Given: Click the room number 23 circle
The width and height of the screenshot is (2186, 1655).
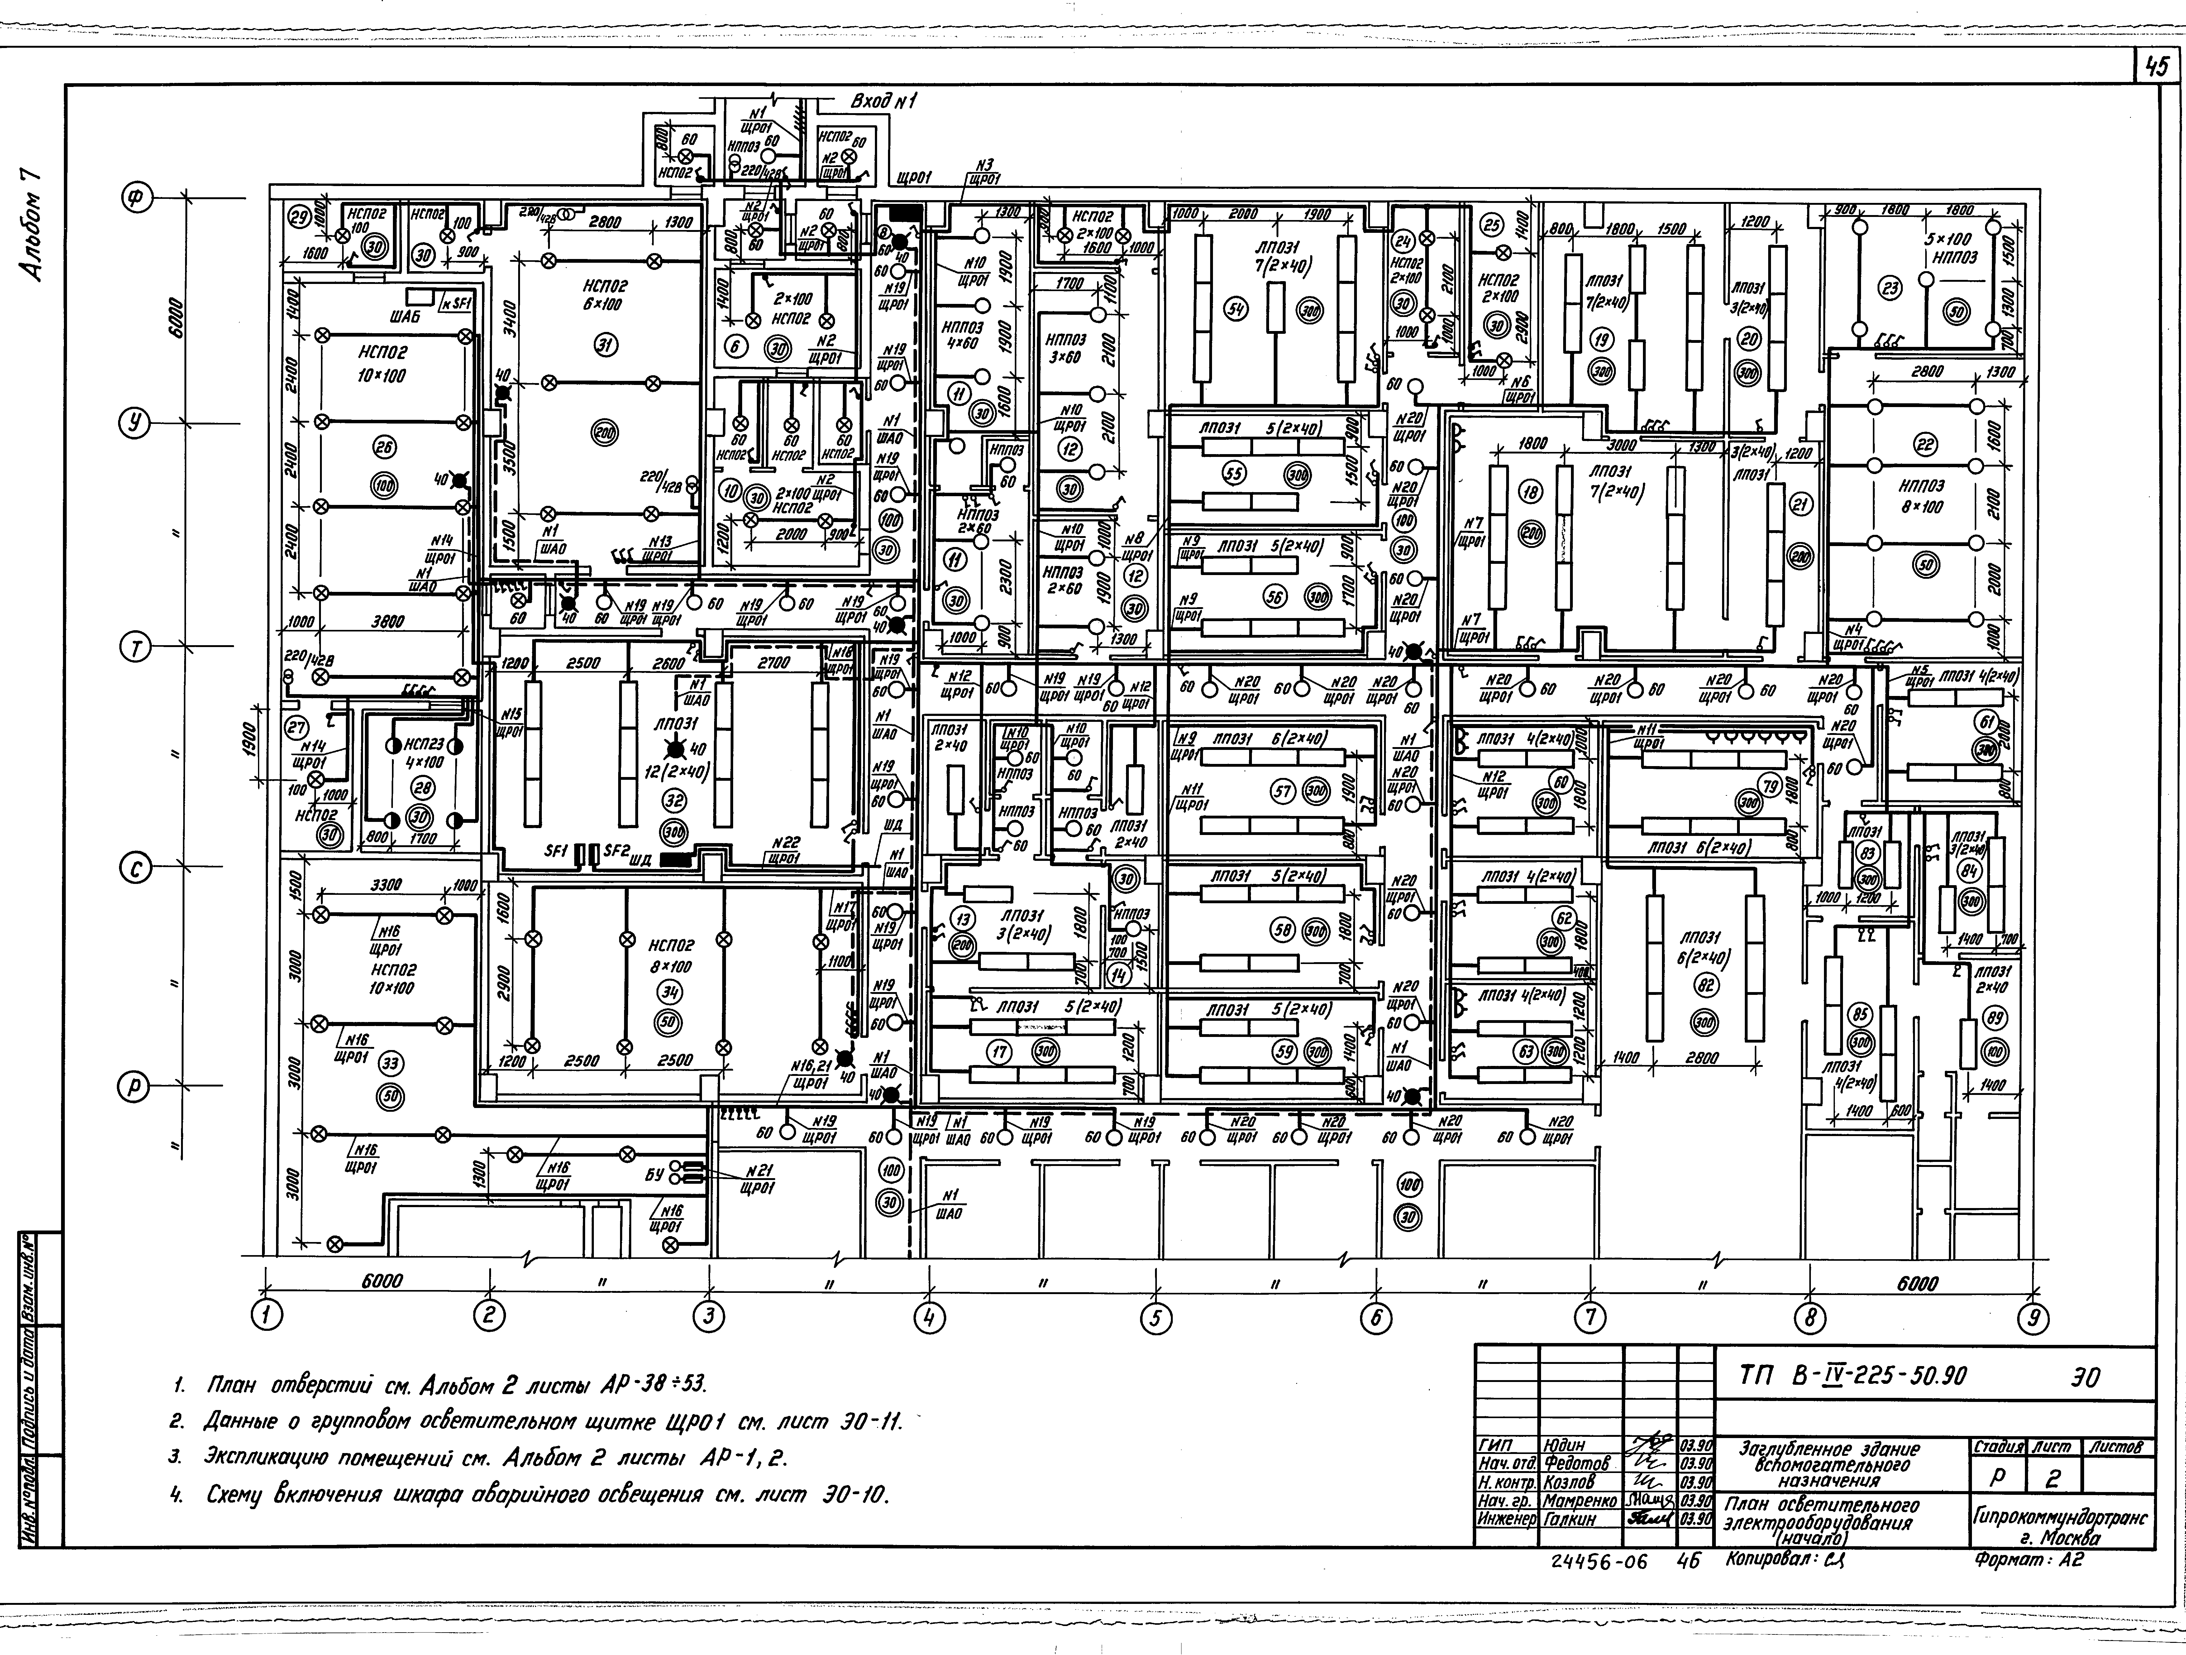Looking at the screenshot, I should coord(1891,289).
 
